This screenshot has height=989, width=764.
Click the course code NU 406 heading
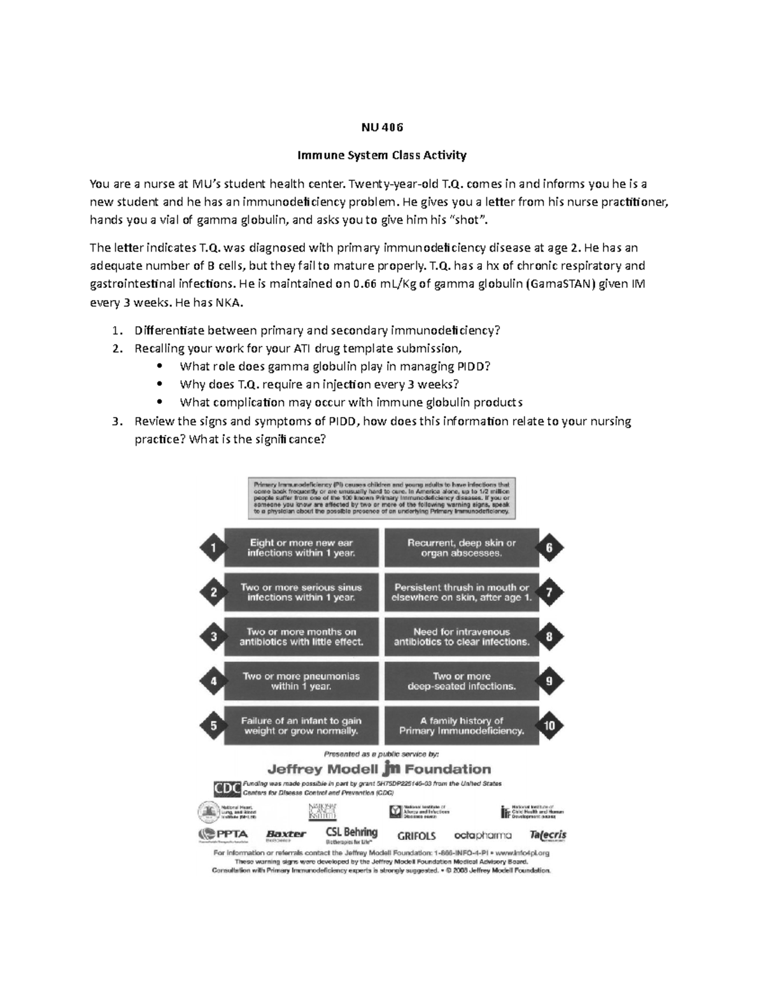382,127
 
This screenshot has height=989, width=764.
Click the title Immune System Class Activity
382,155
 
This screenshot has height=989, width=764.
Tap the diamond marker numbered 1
213,548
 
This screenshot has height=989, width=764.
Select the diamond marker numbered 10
549,726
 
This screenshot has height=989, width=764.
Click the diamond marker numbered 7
549,592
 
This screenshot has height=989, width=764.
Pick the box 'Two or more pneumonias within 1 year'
301,681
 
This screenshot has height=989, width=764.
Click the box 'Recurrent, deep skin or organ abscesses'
462,548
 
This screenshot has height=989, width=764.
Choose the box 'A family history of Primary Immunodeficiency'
462,726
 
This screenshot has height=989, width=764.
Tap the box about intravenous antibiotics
462,637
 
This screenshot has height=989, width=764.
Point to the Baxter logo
286,834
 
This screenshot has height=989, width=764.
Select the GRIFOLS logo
416,836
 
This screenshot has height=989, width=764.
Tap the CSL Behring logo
351,834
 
